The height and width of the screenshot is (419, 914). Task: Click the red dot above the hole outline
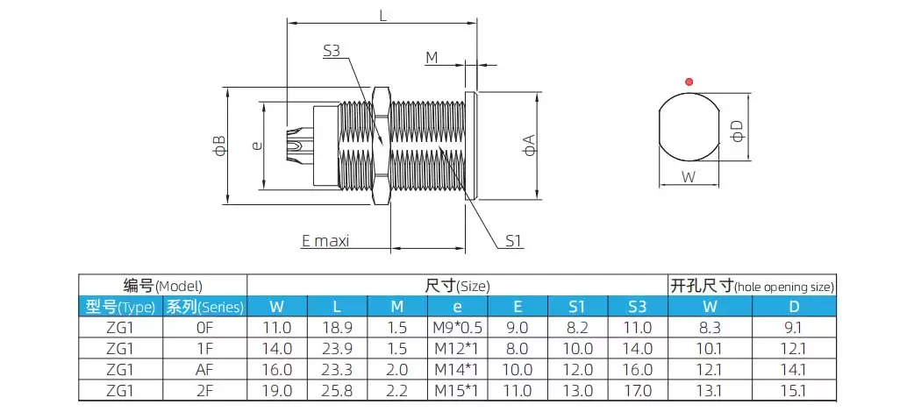(x=689, y=82)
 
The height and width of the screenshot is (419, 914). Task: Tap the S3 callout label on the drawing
(x=331, y=51)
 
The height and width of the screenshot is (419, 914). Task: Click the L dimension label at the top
(x=382, y=15)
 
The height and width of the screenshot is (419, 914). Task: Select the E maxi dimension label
(x=325, y=240)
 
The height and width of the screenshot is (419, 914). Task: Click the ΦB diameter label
(x=219, y=146)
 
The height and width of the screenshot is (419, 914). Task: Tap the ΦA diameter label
(x=529, y=146)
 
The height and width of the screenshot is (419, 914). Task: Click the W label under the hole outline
(x=689, y=176)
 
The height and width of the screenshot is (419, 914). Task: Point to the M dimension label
(x=432, y=58)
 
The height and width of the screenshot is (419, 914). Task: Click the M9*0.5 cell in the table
(x=457, y=328)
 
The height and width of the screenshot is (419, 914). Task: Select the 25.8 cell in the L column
(x=337, y=391)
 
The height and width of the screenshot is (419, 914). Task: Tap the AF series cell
(x=204, y=370)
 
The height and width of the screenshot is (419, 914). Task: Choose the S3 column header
(x=638, y=307)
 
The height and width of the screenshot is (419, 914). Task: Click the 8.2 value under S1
(x=576, y=328)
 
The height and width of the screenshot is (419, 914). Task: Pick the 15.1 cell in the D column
(x=793, y=391)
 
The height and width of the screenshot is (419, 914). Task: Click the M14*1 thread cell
(x=457, y=370)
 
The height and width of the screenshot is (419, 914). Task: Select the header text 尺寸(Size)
(x=457, y=286)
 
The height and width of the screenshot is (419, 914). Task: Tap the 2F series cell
(x=204, y=391)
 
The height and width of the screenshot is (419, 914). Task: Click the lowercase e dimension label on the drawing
(x=256, y=146)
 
